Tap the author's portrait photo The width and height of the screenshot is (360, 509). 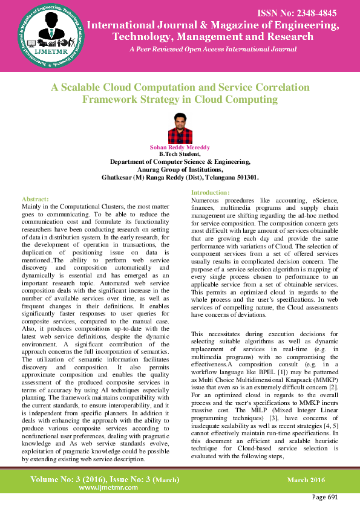tap(180, 128)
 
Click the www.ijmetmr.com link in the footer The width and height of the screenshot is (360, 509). tap(106, 487)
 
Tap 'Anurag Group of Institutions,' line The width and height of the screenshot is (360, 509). tap(180, 170)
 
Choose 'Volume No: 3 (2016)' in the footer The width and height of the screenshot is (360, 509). tap(68, 479)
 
